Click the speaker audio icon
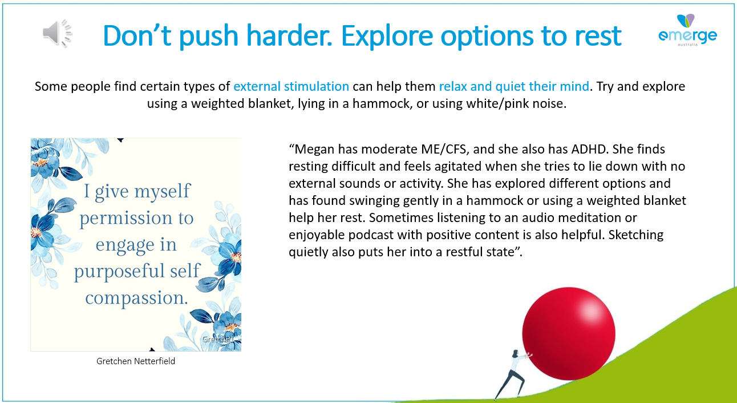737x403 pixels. coord(57,33)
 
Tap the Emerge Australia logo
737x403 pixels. coord(687,30)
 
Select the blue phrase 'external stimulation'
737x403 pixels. coord(291,86)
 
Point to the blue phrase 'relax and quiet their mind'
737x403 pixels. coord(514,86)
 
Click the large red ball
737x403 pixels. coord(569,333)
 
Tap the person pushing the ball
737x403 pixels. coord(513,374)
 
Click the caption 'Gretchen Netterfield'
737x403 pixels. coord(136,361)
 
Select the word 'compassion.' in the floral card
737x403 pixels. coord(136,298)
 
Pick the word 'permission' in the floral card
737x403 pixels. coord(126,218)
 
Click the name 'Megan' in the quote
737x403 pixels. coord(314,150)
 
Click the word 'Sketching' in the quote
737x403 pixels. coord(635,235)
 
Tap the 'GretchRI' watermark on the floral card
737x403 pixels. coord(218,339)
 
